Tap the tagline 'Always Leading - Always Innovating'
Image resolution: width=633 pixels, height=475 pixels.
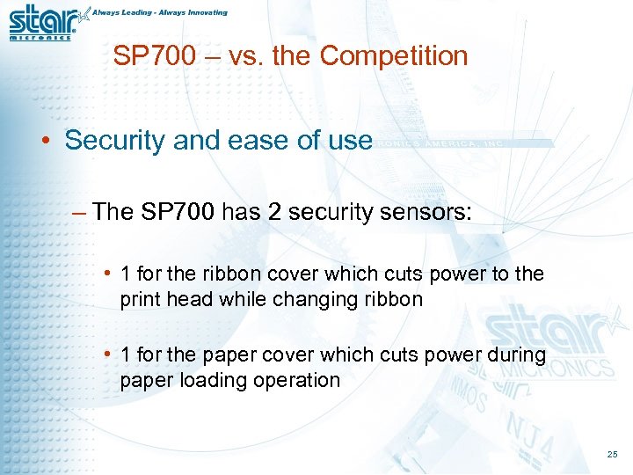[x=159, y=13]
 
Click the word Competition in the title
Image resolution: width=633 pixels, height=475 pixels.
[x=394, y=56]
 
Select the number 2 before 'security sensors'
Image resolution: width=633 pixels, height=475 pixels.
[x=262, y=212]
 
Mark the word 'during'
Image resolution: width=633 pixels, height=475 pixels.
[x=513, y=355]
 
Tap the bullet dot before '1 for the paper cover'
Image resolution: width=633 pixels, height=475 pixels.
[x=105, y=355]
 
